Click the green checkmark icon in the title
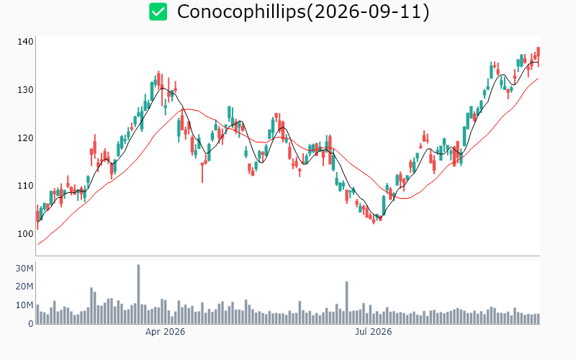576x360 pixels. [x=158, y=12]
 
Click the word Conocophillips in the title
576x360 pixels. [x=241, y=12]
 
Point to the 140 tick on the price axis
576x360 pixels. [x=25, y=42]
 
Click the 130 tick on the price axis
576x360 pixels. [x=25, y=89]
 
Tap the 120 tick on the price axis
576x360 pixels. [x=25, y=138]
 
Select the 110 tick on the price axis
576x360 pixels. [x=25, y=186]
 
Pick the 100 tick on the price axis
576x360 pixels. [x=25, y=233]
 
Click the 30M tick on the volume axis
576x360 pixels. [x=24, y=268]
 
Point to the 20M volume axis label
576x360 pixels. [x=24, y=287]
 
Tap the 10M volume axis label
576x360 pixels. [x=24, y=305]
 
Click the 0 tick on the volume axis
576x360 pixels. [x=31, y=324]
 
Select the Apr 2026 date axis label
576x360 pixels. [x=166, y=332]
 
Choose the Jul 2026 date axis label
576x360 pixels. [x=374, y=332]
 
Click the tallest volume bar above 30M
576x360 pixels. [x=138, y=294]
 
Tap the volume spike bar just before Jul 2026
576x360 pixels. [x=346, y=302]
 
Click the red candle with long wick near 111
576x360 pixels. [x=202, y=172]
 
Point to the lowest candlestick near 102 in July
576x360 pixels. [x=374, y=220]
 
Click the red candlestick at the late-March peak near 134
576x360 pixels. [x=158, y=80]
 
